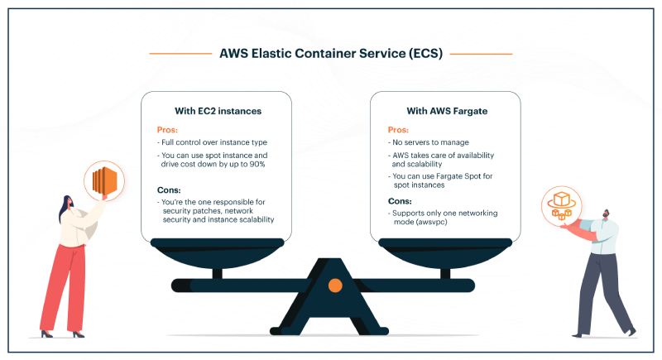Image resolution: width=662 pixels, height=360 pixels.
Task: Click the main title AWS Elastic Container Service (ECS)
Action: (331, 54)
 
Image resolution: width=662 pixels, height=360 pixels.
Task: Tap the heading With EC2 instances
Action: (218, 111)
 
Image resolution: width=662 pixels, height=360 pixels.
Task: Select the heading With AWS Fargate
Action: (447, 111)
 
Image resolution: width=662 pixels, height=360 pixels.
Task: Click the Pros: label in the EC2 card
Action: (167, 130)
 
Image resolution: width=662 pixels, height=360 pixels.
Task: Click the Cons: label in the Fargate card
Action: (400, 201)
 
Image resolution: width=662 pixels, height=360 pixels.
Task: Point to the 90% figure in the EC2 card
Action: (257, 164)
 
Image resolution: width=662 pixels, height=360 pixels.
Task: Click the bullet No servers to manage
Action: (428, 142)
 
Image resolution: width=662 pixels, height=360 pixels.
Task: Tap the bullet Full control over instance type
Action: (212, 142)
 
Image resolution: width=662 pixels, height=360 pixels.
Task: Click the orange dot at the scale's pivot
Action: (335, 286)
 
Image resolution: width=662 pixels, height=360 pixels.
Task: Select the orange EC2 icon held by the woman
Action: (104, 180)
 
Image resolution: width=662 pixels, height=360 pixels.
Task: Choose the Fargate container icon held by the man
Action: (562, 206)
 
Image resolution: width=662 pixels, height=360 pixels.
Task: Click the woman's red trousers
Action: (64, 288)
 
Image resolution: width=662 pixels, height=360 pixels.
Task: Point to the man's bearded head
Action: (606, 214)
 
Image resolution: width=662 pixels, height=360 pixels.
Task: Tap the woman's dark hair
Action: (65, 209)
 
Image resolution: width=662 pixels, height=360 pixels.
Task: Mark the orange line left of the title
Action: (180, 54)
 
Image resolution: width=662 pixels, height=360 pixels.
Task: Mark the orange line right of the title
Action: (481, 54)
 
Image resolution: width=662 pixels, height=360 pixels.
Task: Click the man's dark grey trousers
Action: (602, 291)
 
